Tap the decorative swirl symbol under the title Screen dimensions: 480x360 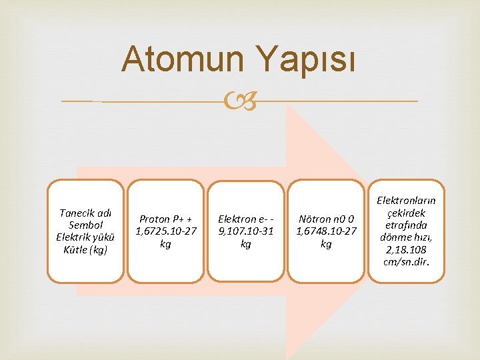(x=241, y=101)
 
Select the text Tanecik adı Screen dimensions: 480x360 (x=85, y=213)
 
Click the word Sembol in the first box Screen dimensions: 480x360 (x=85, y=225)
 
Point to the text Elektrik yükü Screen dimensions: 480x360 (x=85, y=237)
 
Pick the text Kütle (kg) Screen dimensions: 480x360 (x=85, y=250)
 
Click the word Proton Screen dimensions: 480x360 (x=154, y=219)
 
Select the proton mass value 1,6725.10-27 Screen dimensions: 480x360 (x=166, y=231)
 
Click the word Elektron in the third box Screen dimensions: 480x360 (x=237, y=219)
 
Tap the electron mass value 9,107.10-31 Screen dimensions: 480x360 (x=246, y=231)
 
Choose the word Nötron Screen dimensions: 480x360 (x=315, y=219)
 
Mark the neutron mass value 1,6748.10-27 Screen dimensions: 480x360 (x=326, y=231)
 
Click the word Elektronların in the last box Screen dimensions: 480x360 (x=406, y=200)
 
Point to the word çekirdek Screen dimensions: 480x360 (x=406, y=213)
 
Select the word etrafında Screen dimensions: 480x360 (x=406, y=225)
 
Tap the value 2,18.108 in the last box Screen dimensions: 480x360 (x=406, y=249)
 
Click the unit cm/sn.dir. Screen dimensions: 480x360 (x=406, y=261)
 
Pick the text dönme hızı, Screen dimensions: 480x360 (x=406, y=237)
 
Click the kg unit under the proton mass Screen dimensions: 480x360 (x=165, y=244)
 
